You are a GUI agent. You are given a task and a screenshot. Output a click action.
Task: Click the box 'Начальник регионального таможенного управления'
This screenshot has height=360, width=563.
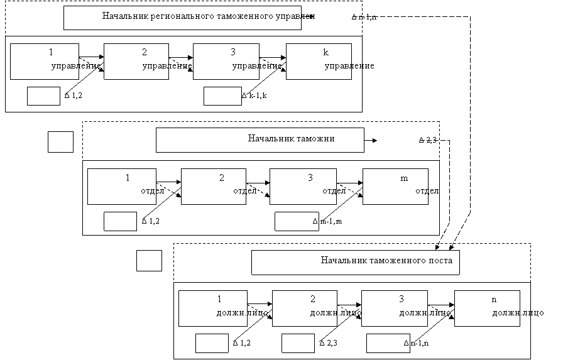(189, 18)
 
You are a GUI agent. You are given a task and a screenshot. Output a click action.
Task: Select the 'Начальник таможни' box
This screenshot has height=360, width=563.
(260, 140)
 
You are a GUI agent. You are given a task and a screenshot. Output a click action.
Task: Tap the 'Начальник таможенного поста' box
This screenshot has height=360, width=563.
(356, 262)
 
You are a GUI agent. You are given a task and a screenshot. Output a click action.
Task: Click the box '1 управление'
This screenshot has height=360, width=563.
(45, 61)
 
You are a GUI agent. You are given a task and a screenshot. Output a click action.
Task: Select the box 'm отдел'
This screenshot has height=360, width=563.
(395, 186)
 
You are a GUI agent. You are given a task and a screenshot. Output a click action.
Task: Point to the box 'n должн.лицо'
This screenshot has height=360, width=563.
(487, 308)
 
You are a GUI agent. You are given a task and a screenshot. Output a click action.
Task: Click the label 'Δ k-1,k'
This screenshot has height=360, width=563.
(254, 96)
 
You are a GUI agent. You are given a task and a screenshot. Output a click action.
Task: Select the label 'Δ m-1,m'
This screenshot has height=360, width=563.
(327, 221)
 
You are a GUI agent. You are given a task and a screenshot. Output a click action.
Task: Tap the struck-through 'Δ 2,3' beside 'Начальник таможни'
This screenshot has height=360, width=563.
(428, 140)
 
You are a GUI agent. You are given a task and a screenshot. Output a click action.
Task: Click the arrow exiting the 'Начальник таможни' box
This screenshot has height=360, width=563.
(371, 140)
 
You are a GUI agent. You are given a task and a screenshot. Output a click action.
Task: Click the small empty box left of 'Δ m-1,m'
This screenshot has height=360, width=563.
(291, 221)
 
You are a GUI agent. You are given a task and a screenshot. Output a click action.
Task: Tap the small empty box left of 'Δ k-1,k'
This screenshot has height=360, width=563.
(222, 96)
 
